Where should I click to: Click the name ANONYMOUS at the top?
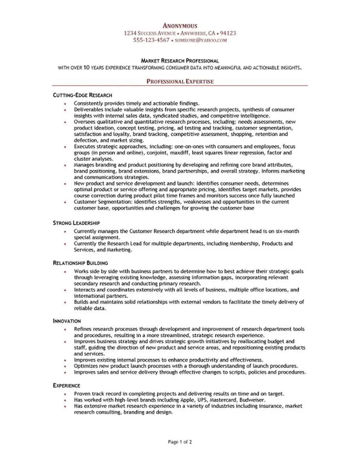[180, 25]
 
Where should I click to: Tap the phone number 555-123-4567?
[146, 40]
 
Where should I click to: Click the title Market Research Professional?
[180, 60]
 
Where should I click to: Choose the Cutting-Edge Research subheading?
[83, 94]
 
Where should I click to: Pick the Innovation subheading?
[67, 321]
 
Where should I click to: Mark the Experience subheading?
[67, 385]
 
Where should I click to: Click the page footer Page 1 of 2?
[180, 442]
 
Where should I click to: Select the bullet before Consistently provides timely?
[65, 104]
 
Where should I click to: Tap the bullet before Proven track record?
[65, 394]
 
